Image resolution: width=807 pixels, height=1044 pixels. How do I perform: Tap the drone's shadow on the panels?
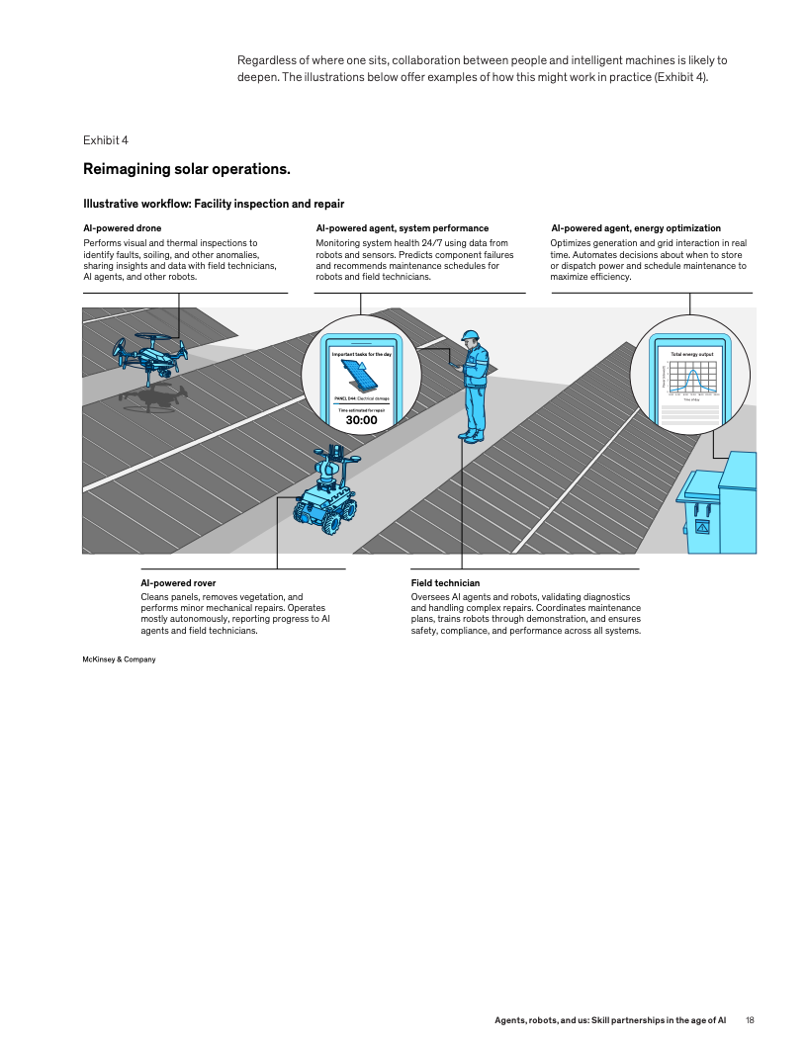point(153,398)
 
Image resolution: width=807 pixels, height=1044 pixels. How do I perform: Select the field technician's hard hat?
point(473,335)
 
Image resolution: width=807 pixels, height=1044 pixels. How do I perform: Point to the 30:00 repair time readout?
point(361,420)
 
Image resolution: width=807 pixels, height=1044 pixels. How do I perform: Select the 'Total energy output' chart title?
point(691,353)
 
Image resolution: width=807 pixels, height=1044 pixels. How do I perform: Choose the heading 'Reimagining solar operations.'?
point(187,169)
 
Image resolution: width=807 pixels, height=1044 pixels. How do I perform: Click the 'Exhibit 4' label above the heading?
point(105,139)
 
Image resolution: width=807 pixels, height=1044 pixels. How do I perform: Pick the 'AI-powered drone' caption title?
point(122,228)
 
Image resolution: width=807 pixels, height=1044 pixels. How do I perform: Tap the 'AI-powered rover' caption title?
point(178,583)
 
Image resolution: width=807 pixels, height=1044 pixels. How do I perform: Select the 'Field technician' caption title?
point(445,583)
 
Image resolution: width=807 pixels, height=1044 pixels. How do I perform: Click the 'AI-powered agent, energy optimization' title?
point(635,228)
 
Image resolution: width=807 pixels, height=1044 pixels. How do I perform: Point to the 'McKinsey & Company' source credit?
point(119,659)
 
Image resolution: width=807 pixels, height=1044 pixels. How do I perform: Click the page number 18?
point(751,1019)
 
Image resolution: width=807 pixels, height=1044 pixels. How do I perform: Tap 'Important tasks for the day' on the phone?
point(361,353)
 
